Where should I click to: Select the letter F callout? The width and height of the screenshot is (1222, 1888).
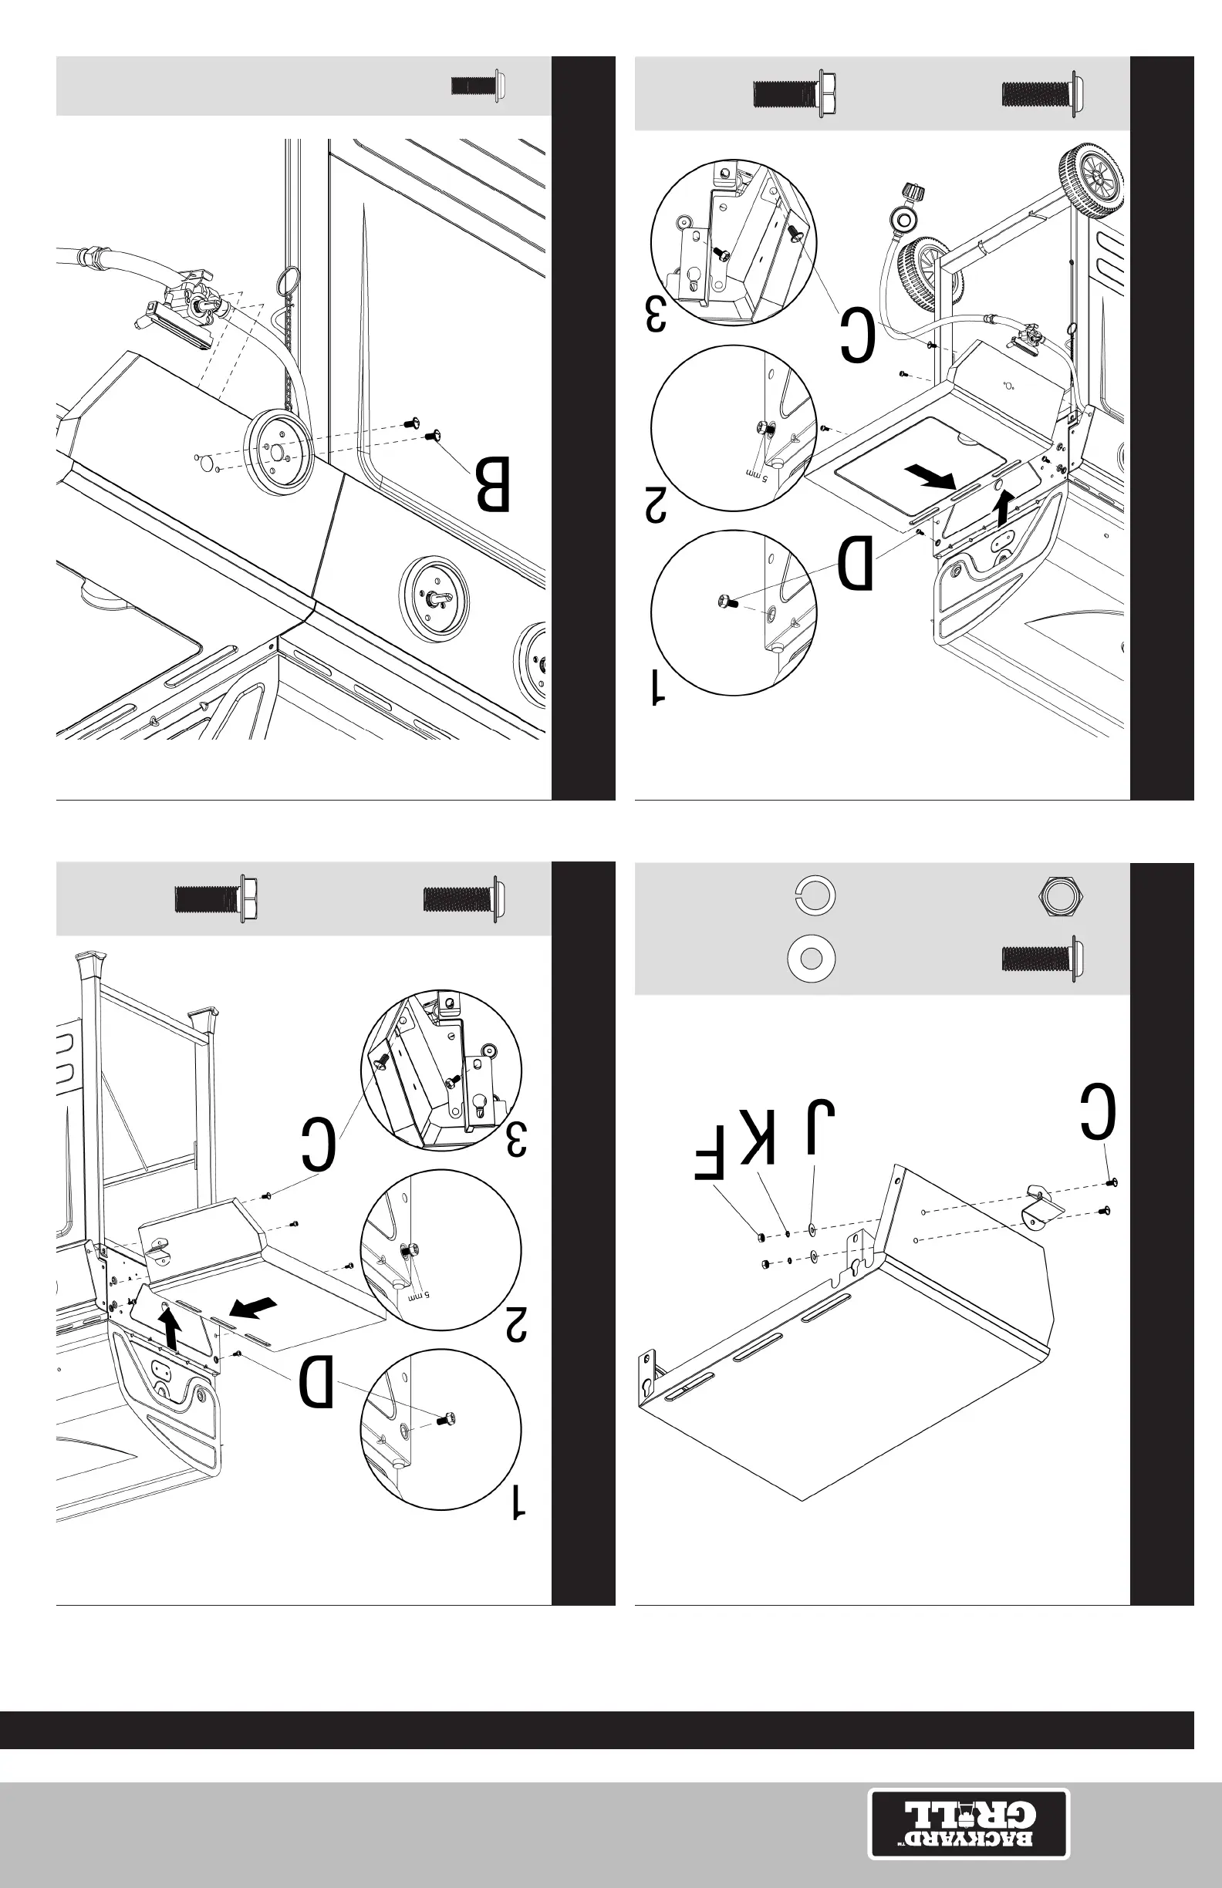pyautogui.click(x=710, y=1154)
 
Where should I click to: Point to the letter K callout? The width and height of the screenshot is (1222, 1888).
pyautogui.click(x=757, y=1136)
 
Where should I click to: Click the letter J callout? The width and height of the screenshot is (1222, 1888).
pyautogui.click(x=817, y=1127)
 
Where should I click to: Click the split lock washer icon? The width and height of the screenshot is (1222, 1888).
pyautogui.click(x=815, y=895)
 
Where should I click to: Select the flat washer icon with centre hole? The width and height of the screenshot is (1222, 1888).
pyautogui.click(x=811, y=959)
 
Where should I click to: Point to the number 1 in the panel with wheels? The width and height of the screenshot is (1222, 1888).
pyautogui.click(x=658, y=687)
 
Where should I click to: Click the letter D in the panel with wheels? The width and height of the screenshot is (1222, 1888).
pyautogui.click(x=856, y=563)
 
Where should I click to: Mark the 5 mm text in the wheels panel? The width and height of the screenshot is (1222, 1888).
pyautogui.click(x=756, y=474)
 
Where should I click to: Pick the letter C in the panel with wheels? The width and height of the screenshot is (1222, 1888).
pyautogui.click(x=858, y=336)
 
